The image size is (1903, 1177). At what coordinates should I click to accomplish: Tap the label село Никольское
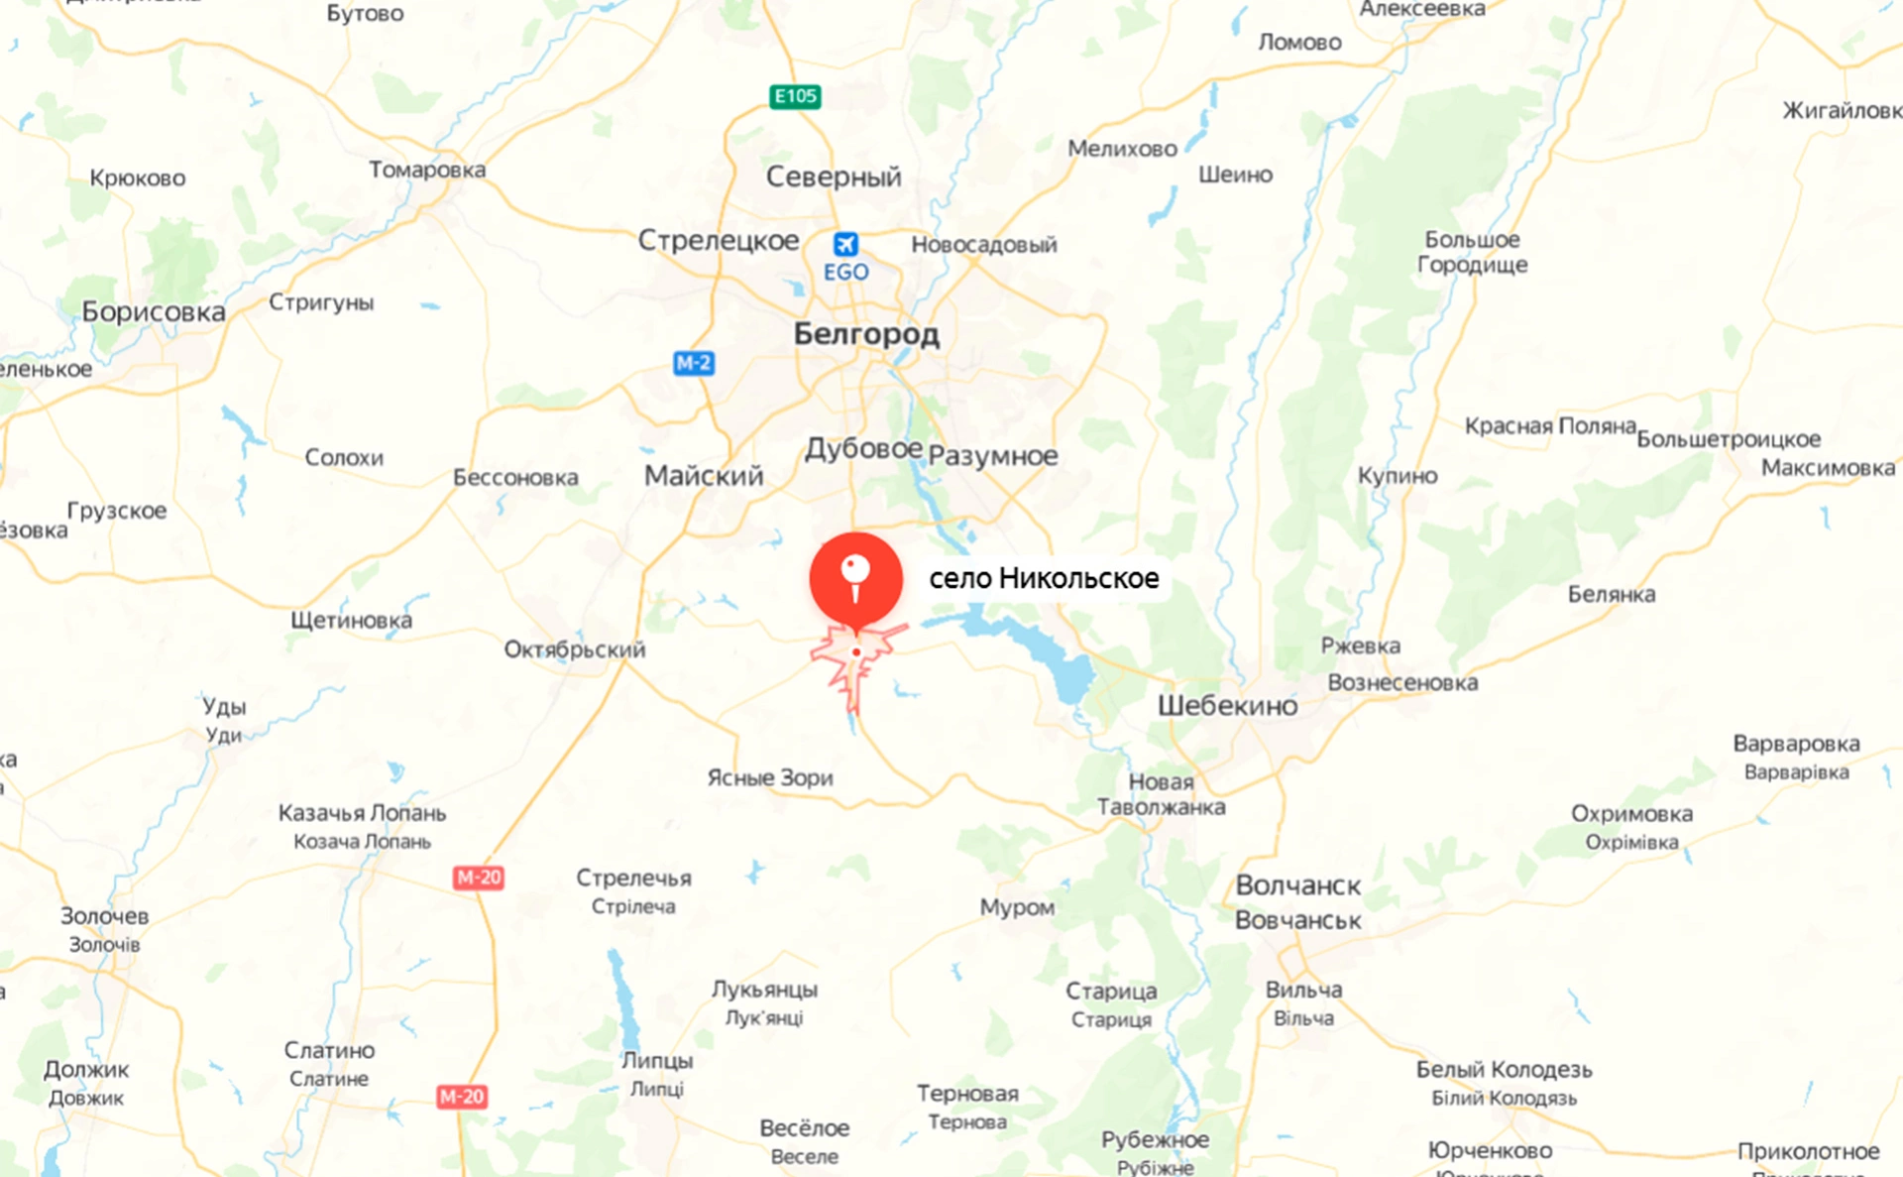click(x=1044, y=578)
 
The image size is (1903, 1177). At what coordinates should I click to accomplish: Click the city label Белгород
click(x=866, y=334)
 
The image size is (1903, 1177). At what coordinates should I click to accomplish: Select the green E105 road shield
click(x=795, y=96)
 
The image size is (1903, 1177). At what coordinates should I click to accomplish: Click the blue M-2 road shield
click(x=693, y=363)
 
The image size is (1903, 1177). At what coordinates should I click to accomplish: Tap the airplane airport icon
click(x=845, y=244)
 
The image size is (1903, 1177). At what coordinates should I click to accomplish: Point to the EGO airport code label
click(x=845, y=272)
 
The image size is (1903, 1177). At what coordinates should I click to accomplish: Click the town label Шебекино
click(x=1227, y=706)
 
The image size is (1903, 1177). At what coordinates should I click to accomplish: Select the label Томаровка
click(x=427, y=170)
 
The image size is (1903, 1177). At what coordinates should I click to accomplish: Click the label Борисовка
click(x=154, y=312)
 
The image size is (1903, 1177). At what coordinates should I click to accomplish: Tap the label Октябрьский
click(x=575, y=649)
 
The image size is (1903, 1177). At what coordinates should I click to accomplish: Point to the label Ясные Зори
click(x=770, y=777)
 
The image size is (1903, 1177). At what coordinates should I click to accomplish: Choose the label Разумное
click(x=993, y=456)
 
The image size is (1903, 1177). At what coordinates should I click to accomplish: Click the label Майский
click(x=704, y=476)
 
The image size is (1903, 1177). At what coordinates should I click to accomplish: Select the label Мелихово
click(x=1122, y=149)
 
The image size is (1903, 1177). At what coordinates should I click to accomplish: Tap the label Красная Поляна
click(x=1550, y=425)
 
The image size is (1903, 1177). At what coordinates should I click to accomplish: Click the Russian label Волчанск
click(x=1297, y=885)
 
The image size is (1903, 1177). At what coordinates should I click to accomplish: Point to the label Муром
click(x=1017, y=907)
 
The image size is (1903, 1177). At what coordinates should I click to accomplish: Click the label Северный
click(x=834, y=177)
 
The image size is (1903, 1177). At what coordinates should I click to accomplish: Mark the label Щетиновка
click(x=351, y=621)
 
